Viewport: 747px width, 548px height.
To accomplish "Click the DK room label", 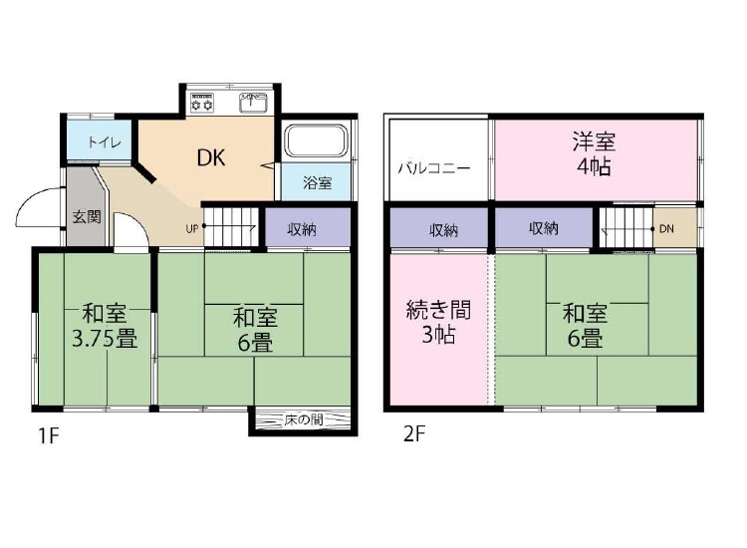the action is tap(211, 157).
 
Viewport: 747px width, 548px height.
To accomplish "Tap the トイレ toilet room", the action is tap(99, 141).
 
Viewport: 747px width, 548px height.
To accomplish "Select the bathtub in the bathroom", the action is tap(316, 141).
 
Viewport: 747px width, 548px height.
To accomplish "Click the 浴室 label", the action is tap(318, 182).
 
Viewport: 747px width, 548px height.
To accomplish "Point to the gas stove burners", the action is tap(202, 103).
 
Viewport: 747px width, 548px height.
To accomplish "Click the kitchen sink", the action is tap(253, 103).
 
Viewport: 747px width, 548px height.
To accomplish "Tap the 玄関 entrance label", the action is tap(87, 217).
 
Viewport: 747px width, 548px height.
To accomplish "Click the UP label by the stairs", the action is tap(192, 229).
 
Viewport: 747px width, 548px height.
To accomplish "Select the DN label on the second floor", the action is tap(666, 229).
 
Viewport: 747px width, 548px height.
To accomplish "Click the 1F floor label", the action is tap(48, 435).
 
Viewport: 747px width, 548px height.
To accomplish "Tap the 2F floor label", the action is tap(414, 434).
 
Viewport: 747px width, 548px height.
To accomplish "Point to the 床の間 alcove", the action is tap(303, 419).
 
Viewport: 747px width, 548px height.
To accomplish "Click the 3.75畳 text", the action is tap(105, 340).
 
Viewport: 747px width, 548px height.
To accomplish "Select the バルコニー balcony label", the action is tap(434, 168).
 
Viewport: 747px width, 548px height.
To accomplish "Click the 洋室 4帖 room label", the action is tap(594, 153).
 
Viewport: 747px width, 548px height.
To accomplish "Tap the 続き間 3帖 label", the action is tap(438, 322).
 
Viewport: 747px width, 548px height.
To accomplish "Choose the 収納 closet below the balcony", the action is tap(439, 228).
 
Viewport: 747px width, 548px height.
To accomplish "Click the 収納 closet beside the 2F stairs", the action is tap(544, 228).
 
